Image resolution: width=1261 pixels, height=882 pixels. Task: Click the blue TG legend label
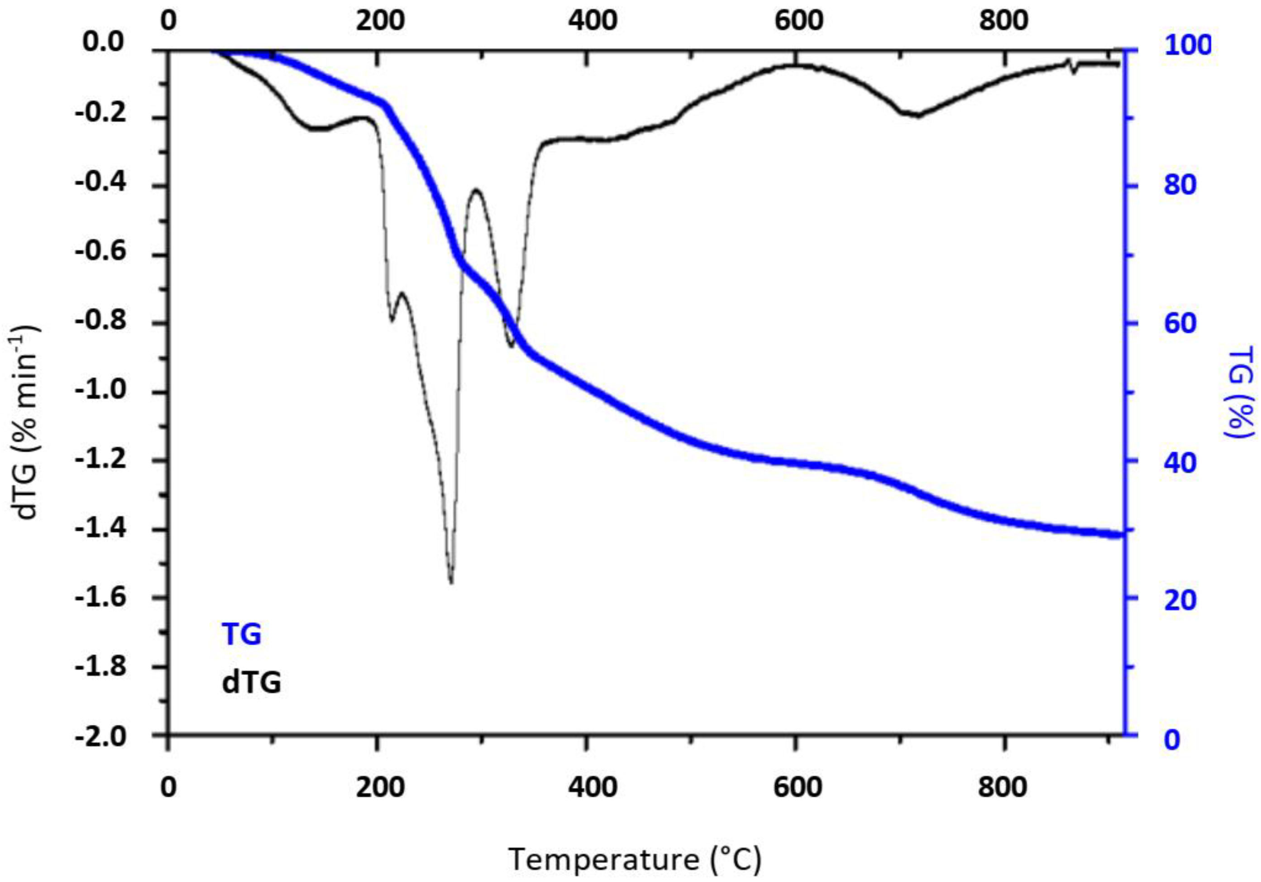tap(241, 634)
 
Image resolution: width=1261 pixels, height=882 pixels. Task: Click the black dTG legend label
tap(252, 683)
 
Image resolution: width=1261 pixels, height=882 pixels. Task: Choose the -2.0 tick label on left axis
tap(100, 736)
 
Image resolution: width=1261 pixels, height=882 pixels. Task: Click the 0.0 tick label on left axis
tap(104, 43)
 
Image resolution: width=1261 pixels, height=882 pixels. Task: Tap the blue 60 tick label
tap(1180, 323)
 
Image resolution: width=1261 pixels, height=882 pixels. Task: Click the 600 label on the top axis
tap(799, 21)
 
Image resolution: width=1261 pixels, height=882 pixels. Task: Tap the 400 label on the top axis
tap(592, 21)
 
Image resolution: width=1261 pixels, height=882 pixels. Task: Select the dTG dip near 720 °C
tap(916, 115)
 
